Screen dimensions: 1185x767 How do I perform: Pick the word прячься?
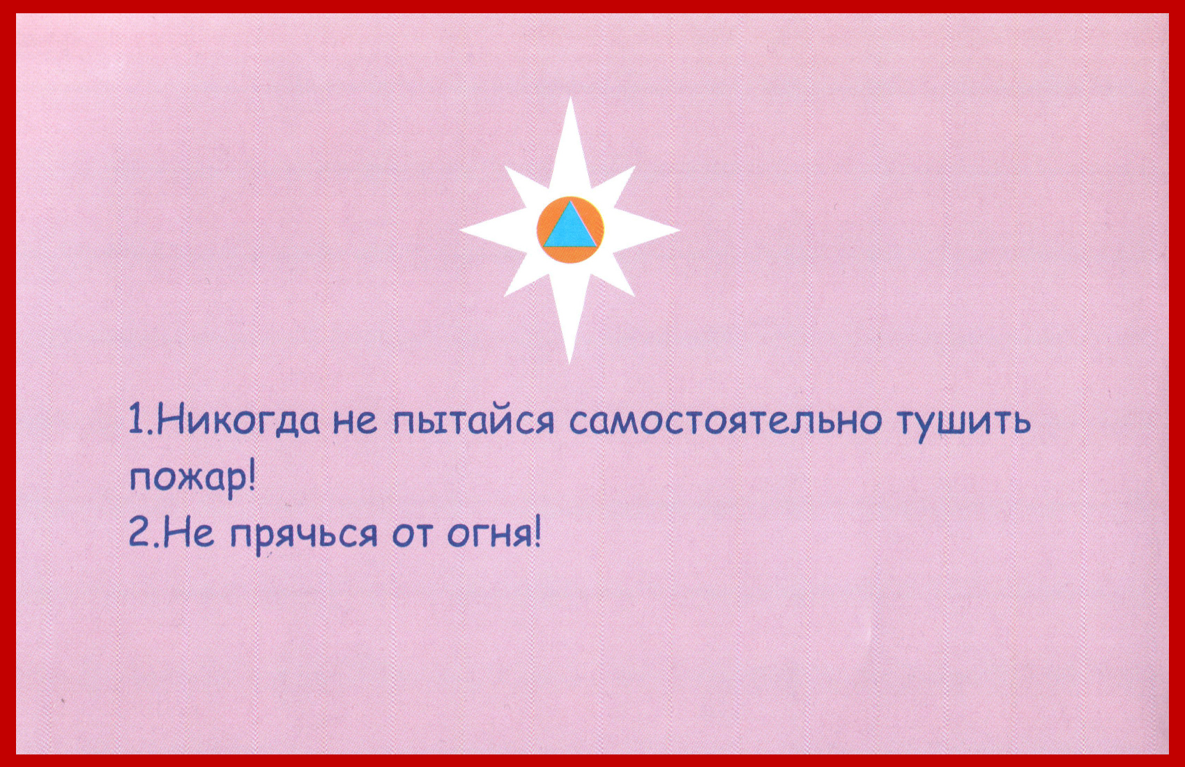point(304,538)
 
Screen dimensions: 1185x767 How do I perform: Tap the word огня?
point(490,536)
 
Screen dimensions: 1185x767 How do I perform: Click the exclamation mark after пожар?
point(251,476)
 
